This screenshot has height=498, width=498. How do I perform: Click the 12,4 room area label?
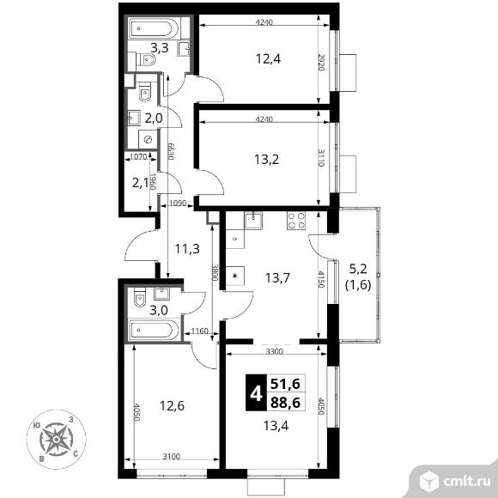coord(268,59)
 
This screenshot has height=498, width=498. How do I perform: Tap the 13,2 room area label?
coord(266,159)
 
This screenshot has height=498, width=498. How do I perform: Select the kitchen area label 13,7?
coord(277,278)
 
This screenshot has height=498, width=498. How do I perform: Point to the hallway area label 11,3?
coord(187,249)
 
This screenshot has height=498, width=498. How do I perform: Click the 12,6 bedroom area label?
coord(172,406)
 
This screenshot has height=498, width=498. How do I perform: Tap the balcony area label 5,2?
coord(358,269)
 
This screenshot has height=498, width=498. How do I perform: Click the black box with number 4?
coord(256,392)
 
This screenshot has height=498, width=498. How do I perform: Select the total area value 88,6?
coord(285,403)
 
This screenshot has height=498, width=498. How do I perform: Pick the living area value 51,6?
coord(285,385)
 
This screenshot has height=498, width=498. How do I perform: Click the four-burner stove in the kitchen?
coord(296,221)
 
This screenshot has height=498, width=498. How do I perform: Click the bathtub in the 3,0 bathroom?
coord(154,330)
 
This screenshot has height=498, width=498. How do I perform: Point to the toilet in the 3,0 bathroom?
coord(140,297)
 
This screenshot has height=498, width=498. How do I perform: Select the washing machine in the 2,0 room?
coord(148,139)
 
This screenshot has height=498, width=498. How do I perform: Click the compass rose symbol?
coord(56,440)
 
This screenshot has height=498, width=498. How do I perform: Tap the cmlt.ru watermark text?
coord(466,482)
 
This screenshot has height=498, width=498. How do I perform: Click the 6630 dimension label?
coord(171,151)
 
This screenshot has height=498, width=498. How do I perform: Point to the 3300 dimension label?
coord(275,351)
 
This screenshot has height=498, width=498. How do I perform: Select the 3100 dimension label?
coord(172,457)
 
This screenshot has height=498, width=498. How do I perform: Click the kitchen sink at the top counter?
coord(253,221)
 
